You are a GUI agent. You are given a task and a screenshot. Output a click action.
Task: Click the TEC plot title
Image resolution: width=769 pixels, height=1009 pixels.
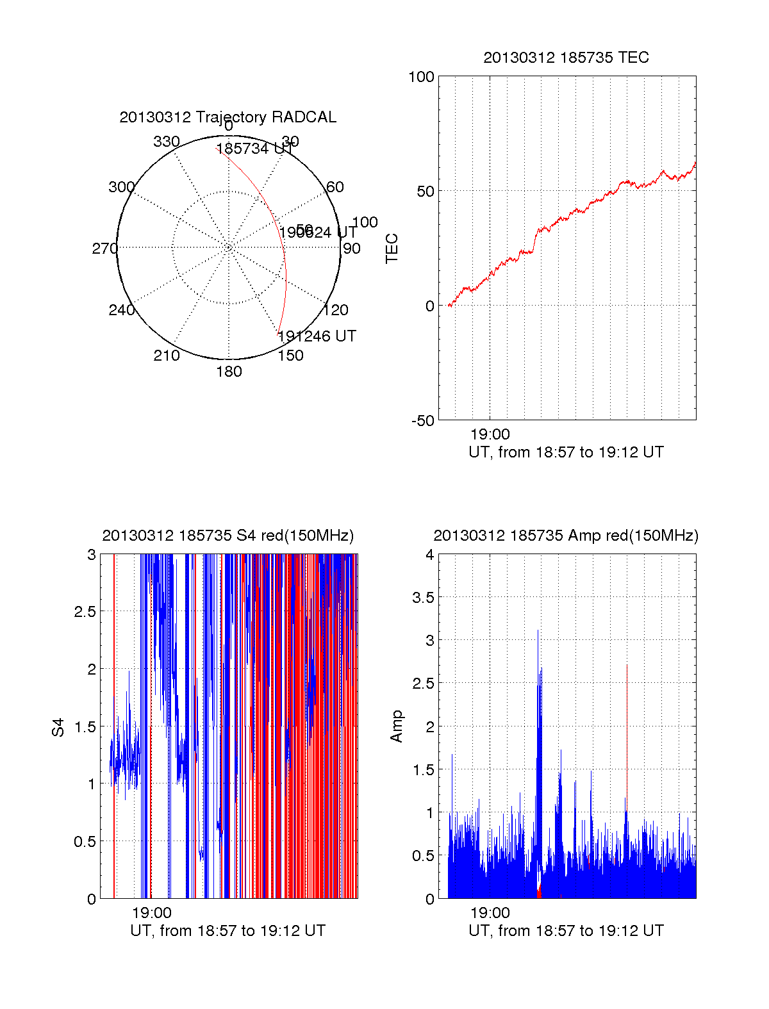(x=566, y=58)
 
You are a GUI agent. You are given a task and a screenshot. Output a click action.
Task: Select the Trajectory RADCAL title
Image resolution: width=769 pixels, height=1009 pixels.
(x=227, y=117)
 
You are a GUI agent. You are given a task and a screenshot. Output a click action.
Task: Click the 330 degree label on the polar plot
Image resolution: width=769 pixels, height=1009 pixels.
(x=167, y=142)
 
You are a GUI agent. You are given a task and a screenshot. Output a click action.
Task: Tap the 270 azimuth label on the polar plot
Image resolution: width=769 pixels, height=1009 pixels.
(x=104, y=249)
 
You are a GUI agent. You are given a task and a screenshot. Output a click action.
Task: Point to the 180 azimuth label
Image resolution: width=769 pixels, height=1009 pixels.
(x=229, y=372)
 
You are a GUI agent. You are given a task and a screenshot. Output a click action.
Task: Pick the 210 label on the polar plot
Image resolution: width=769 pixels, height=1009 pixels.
(x=167, y=356)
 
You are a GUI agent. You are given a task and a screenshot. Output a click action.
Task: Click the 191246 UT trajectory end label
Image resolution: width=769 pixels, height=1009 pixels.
(x=317, y=336)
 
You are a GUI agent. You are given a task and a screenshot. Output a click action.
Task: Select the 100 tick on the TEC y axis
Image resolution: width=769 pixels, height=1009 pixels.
(x=421, y=77)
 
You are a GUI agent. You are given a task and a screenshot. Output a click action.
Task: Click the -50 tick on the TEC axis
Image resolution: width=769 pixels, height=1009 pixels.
(x=422, y=421)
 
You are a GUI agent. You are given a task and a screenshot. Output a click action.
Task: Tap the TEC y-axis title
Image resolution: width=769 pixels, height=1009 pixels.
(x=392, y=249)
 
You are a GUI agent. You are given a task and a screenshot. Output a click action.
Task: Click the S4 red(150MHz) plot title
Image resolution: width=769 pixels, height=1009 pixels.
(x=227, y=536)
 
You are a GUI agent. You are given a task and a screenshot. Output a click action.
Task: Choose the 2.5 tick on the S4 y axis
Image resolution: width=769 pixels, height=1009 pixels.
(x=85, y=612)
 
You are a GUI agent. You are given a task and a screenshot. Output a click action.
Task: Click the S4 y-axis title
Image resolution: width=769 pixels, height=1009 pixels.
(x=58, y=727)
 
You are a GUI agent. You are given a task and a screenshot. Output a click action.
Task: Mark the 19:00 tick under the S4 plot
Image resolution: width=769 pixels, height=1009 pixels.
(x=152, y=914)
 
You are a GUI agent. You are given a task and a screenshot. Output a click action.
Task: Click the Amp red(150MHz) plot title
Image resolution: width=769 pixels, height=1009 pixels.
(x=566, y=536)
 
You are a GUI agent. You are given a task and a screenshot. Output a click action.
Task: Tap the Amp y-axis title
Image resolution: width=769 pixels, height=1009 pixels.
(x=397, y=726)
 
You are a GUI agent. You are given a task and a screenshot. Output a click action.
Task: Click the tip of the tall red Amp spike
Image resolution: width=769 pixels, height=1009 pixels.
(x=627, y=666)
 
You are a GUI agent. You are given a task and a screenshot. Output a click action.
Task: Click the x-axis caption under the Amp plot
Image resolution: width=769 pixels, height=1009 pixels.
(x=566, y=931)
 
